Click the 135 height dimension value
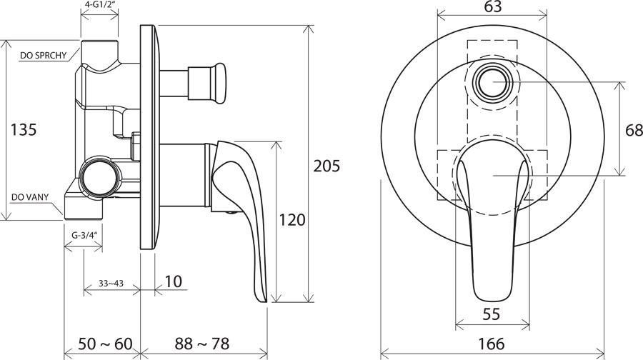24,129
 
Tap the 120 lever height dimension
293,220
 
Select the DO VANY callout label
30,197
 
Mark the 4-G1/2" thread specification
100,6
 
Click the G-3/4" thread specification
84,234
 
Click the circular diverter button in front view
492,82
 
